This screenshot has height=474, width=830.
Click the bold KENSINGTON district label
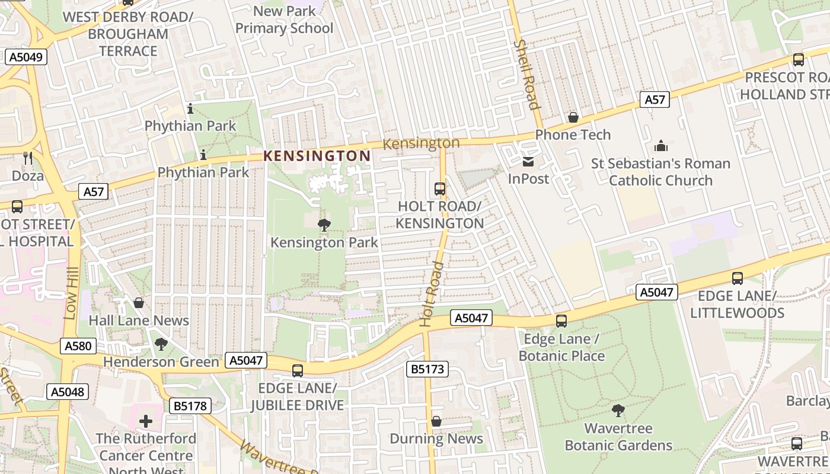[x=317, y=156]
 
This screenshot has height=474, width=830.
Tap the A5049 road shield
[x=25, y=57]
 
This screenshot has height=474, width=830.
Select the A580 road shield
[x=78, y=346]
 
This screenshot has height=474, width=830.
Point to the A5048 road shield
[x=67, y=392]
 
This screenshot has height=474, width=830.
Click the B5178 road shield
[x=190, y=406]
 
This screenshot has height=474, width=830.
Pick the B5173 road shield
[x=427, y=369]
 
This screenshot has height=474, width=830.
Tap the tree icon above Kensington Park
[x=324, y=225]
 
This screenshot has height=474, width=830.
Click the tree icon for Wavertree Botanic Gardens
[x=618, y=410]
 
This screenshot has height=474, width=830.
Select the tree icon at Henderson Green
[x=161, y=344]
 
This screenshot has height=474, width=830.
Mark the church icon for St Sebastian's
[x=660, y=146]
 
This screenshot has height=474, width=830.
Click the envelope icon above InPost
[x=528, y=161]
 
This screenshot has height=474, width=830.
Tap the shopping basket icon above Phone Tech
[x=573, y=117]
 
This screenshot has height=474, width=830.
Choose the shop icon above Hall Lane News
[x=139, y=303]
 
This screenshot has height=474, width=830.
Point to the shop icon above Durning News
[x=436, y=421]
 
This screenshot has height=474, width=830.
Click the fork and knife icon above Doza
[x=28, y=158]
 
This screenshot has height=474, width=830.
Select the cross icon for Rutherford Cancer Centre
[x=145, y=421]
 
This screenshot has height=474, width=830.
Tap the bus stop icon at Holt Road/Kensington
[x=439, y=189]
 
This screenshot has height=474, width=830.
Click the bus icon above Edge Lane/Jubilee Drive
[x=297, y=371]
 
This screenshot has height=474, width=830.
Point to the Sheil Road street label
[x=526, y=74]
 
